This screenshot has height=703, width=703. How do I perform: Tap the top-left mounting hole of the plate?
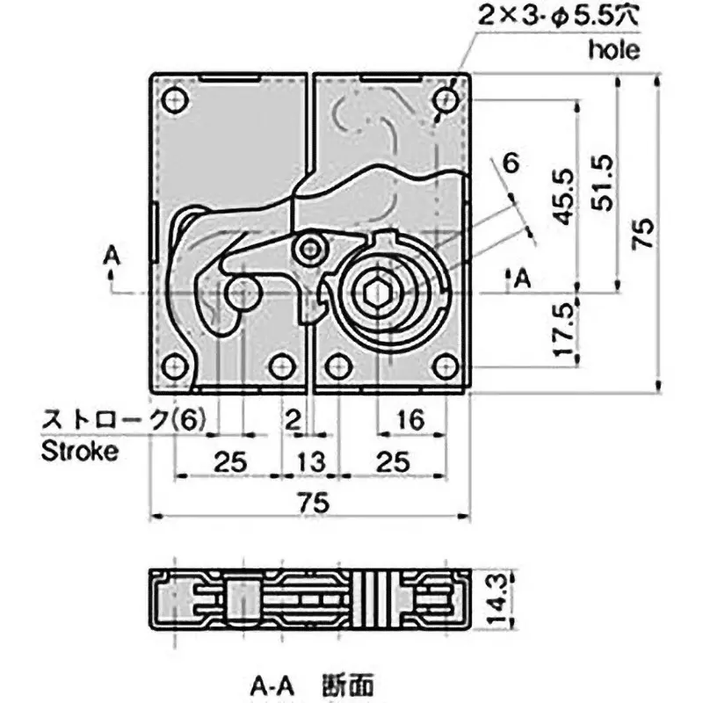[x=174, y=99]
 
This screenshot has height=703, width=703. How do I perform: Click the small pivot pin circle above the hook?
[x=308, y=251]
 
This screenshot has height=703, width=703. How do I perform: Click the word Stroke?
[x=78, y=453]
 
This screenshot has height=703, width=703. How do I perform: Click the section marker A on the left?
[x=110, y=255]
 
